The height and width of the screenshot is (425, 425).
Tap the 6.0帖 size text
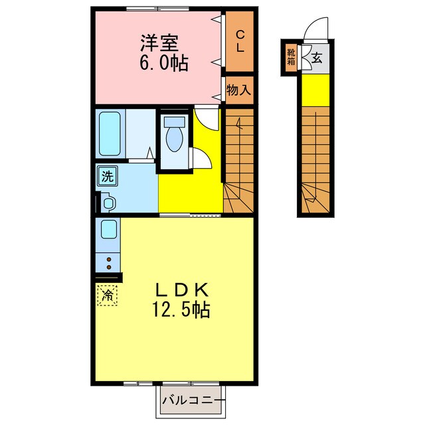pos(163,63)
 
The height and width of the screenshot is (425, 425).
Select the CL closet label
pos(240,41)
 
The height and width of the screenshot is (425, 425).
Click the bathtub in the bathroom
pos(110,133)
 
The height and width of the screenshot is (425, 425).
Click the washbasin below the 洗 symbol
pos(108,203)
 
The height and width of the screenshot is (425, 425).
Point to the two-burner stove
pos(108,262)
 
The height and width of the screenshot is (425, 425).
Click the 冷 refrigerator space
pos(107,294)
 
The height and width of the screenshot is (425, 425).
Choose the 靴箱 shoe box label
pos(292,56)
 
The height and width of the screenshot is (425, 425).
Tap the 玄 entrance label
pos(316,56)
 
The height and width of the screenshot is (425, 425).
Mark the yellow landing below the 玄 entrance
pos(316,90)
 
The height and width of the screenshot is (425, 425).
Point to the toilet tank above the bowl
pos(176,122)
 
